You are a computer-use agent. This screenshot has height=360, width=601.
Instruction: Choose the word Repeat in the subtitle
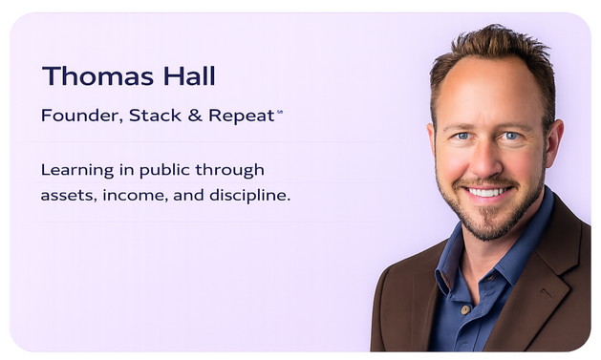click(x=239, y=116)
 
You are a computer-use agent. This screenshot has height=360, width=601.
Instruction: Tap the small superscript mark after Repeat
click(x=279, y=112)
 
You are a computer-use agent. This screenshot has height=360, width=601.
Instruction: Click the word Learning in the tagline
click(x=75, y=170)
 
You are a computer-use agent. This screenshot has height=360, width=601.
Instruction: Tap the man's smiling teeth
click(x=487, y=191)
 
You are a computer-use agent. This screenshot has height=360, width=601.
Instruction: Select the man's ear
click(x=555, y=141)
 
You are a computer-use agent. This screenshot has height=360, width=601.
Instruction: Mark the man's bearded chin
click(x=486, y=223)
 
